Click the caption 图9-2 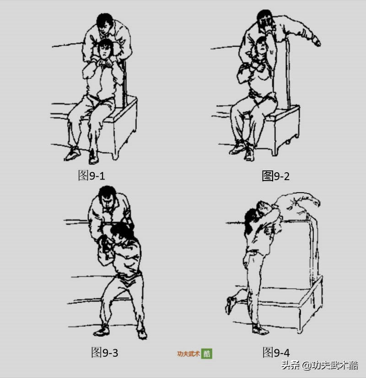click(275, 176)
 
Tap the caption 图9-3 click(105, 353)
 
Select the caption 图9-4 click(276, 353)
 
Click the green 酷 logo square click(207, 354)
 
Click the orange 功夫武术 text click(188, 354)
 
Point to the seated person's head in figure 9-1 click(106, 48)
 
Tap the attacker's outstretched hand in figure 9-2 click(316, 42)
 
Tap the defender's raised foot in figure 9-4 click(231, 304)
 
